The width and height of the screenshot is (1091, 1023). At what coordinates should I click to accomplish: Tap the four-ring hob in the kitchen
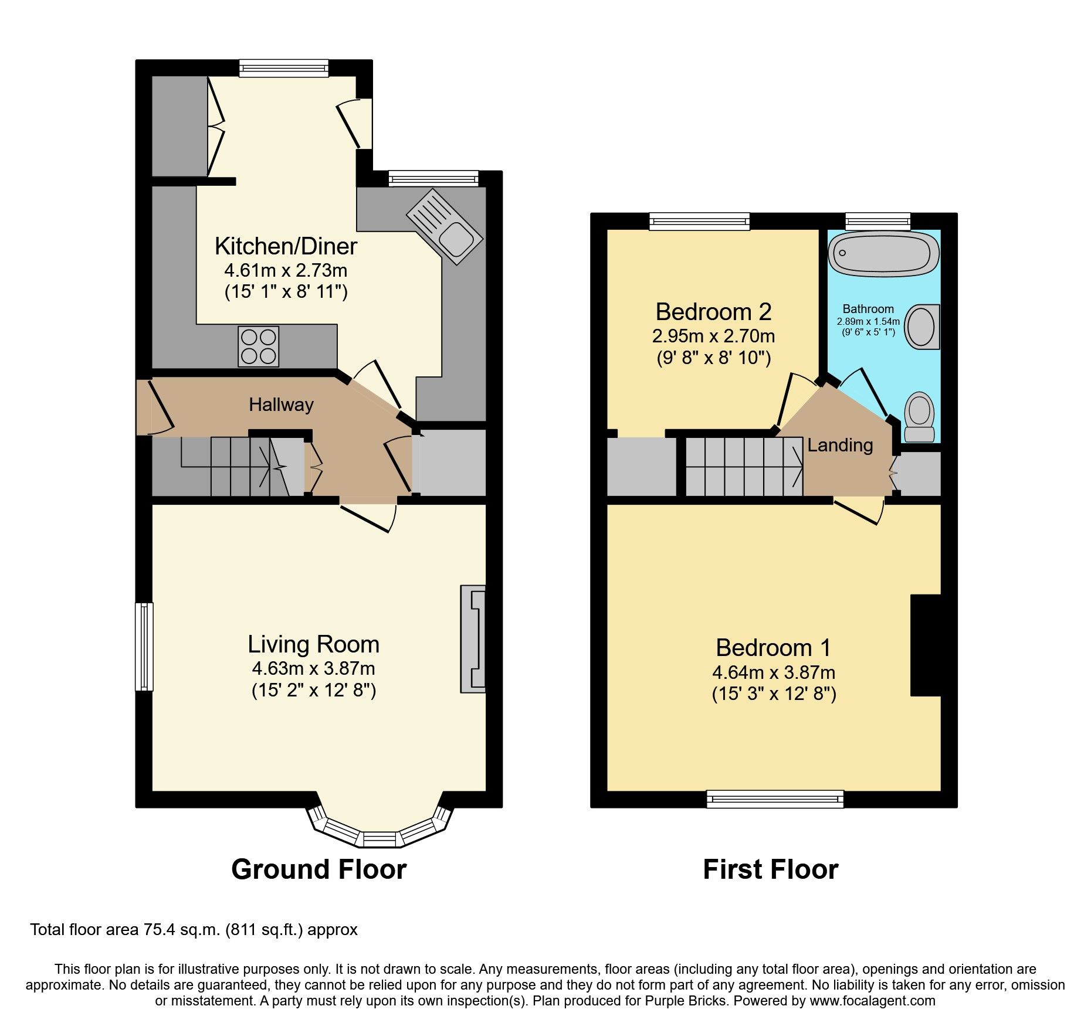[x=259, y=346]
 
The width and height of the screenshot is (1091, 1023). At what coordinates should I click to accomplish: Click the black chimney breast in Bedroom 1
[x=926, y=645]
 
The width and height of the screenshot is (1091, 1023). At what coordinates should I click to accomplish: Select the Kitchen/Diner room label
[x=286, y=246]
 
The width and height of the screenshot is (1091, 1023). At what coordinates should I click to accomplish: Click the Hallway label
[x=281, y=405]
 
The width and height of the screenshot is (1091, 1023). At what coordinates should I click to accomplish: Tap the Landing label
[x=840, y=446]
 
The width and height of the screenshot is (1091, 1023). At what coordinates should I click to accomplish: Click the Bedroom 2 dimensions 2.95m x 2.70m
[x=713, y=336]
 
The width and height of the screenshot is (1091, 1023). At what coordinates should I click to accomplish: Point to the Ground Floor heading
[x=319, y=869]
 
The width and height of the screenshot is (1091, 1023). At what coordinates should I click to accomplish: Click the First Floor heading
[x=770, y=869]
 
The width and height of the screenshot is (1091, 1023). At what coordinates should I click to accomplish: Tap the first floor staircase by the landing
[x=744, y=467]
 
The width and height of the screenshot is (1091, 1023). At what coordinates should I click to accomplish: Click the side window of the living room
[x=144, y=646]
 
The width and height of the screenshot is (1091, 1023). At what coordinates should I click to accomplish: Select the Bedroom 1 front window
[x=774, y=798]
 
